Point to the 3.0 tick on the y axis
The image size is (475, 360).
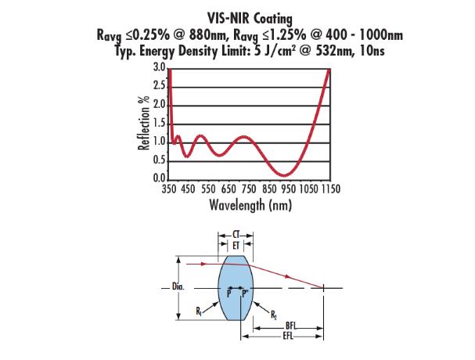pyautogui.click(x=160, y=68)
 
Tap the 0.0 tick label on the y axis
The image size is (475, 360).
pyautogui.click(x=160, y=180)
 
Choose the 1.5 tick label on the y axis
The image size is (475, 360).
pyautogui.click(x=160, y=124)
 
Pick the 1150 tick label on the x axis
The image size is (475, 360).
pyautogui.click(x=329, y=189)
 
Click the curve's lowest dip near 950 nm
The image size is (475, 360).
pyautogui.click(x=286, y=174)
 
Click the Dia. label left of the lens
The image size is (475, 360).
pyautogui.click(x=178, y=287)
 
